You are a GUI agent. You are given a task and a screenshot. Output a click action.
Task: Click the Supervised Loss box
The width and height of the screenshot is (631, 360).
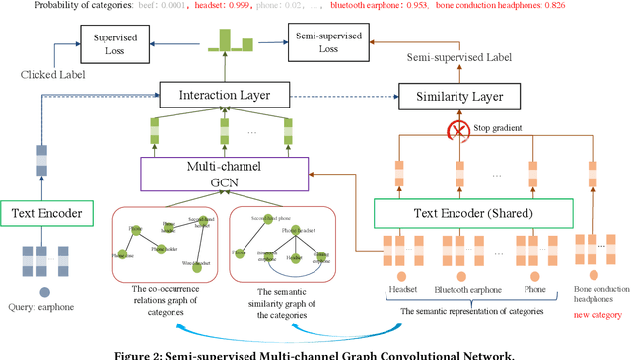coord(114,41)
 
